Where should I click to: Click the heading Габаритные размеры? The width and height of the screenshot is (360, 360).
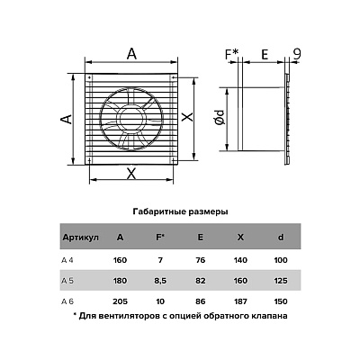click(x=180, y=212)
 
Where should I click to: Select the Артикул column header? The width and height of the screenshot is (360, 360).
click(x=80, y=238)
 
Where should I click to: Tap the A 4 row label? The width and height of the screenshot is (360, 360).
click(x=67, y=260)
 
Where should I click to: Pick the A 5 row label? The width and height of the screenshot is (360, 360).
click(x=67, y=281)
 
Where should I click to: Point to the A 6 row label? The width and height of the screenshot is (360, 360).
click(x=67, y=301)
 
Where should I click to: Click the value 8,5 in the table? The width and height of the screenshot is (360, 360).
click(x=160, y=281)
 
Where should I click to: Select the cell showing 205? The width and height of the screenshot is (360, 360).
click(x=120, y=301)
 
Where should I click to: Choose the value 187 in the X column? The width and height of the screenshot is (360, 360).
click(x=240, y=301)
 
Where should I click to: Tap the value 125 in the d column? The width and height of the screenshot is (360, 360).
click(x=281, y=281)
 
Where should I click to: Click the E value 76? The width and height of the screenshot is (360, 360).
click(x=200, y=260)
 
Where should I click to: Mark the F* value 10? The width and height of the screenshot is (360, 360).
click(x=160, y=301)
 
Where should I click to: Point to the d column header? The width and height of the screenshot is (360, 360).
click(x=281, y=238)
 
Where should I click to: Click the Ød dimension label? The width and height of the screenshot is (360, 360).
click(x=220, y=117)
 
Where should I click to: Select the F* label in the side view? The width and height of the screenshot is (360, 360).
click(x=232, y=54)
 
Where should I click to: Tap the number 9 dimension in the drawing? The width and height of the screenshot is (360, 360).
click(x=297, y=54)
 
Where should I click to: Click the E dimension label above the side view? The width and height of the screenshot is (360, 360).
click(x=265, y=55)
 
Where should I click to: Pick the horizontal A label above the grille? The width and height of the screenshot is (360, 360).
click(x=131, y=54)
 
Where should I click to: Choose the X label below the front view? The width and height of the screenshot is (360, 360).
click(x=130, y=174)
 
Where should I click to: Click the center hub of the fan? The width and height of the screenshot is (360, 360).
click(x=131, y=119)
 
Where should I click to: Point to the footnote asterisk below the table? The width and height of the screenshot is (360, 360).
click(x=75, y=315)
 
